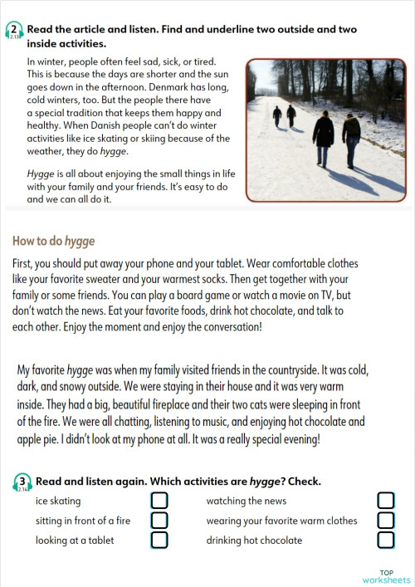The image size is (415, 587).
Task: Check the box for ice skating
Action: tap(159, 501)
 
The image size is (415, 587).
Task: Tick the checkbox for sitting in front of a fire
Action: tap(159, 521)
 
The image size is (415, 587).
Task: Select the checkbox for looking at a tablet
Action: tap(159, 541)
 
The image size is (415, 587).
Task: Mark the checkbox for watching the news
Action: tap(385, 501)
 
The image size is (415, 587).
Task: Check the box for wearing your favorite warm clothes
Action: tap(385, 521)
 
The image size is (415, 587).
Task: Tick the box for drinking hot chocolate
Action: tap(385, 541)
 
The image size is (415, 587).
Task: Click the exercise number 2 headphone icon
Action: tap(14, 32)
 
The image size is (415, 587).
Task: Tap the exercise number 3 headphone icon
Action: tap(22, 482)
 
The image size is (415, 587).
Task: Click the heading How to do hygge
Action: tap(54, 242)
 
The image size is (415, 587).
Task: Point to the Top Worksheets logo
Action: tap(386, 576)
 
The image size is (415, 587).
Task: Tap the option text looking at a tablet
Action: tap(75, 541)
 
